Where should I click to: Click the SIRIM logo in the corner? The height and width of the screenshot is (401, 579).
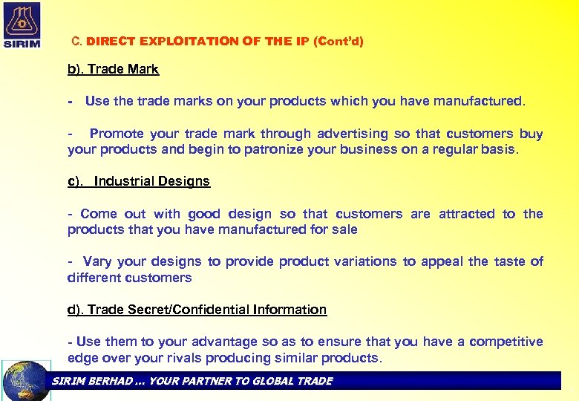[x=22, y=24]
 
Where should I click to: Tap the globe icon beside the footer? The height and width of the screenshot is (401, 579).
[x=26, y=380]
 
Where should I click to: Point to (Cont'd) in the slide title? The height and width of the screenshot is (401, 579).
[x=338, y=42]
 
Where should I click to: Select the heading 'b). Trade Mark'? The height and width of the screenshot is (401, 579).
[x=113, y=69]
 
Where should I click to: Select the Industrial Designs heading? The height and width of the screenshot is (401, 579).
[x=151, y=181]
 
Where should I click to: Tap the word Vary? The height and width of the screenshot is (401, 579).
[x=97, y=261]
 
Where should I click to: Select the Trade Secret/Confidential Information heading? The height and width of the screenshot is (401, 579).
[x=197, y=310]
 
